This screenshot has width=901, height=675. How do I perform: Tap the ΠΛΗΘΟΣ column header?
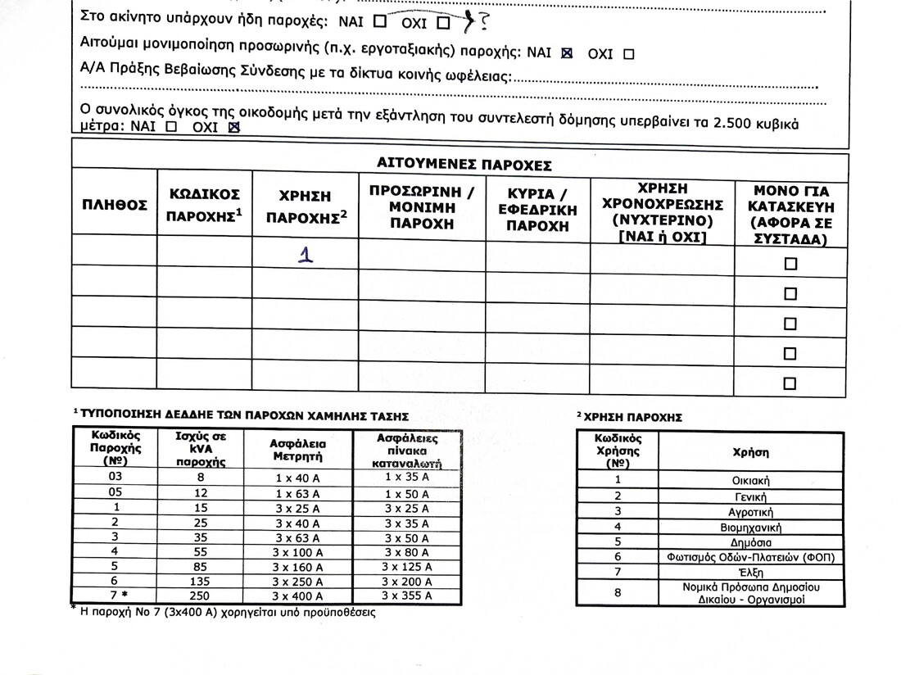point(114,205)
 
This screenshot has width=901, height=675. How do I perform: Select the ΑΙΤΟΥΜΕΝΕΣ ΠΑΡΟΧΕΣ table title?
point(463,164)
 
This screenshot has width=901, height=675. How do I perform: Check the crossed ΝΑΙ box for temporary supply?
point(566,53)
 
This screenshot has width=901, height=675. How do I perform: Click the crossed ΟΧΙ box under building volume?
point(233,128)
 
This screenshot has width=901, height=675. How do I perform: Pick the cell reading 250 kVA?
point(201,596)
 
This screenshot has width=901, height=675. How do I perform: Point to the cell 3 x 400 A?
point(298,596)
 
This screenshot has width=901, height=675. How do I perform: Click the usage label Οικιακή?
point(750,481)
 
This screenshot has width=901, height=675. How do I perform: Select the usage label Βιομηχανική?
point(750,527)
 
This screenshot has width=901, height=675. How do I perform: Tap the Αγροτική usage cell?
point(750,511)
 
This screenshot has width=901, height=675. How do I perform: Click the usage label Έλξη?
point(750,572)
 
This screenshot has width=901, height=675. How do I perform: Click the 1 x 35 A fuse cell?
point(407,476)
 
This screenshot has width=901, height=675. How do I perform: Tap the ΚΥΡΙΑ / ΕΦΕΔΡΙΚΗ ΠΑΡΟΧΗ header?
point(537,210)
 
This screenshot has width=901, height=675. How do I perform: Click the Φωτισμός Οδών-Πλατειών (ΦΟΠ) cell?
point(750,557)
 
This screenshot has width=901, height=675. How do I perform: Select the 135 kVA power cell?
point(201,581)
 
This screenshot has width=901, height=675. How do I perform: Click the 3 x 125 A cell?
point(407,566)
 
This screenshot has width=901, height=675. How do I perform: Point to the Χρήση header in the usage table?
point(750,451)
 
